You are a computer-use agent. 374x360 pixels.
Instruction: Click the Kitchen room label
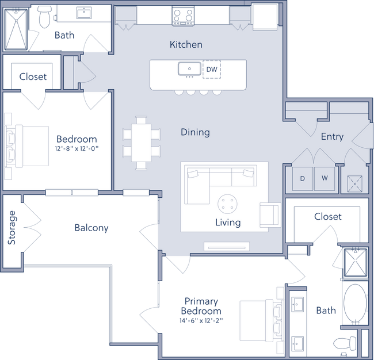pos(186,44)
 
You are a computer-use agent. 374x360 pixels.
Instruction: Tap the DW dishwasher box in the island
pos(212,70)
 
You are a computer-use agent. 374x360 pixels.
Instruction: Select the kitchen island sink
pos(188,70)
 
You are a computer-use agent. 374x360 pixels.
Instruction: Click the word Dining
pos(195,132)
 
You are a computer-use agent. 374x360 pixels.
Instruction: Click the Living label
pos(228,222)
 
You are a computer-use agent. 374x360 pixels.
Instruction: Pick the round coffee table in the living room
pos(227,203)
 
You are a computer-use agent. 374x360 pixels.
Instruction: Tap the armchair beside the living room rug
pos(269,214)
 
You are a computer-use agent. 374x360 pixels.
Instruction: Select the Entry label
pos(332,137)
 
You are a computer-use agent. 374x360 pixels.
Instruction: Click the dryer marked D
pos(303,178)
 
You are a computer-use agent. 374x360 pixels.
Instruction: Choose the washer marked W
pos(325,178)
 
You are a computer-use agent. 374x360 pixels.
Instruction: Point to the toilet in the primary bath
pos(343,344)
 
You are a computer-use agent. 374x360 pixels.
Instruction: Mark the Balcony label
pos(91,228)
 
